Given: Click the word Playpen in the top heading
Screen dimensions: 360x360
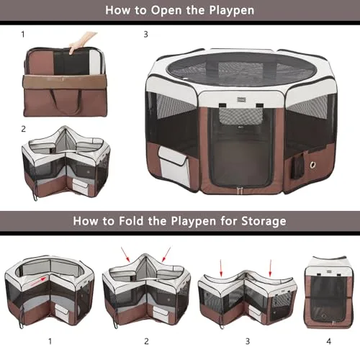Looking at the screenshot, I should point(230,10).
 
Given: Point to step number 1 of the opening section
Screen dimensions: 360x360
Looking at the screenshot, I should point(22,34).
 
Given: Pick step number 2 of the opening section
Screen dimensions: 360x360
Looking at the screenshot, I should point(22,129).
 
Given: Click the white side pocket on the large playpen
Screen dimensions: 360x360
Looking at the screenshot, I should point(173,164).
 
